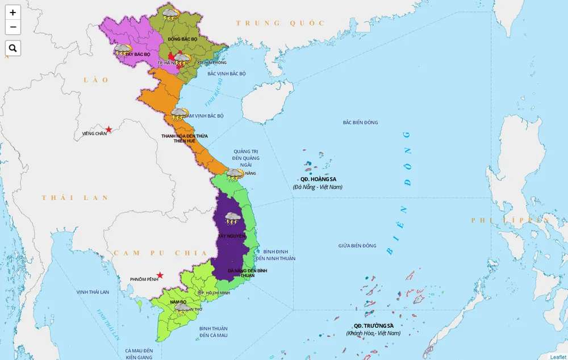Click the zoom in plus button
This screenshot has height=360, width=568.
pyautogui.click(x=12, y=12)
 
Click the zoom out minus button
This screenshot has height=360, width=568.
pyautogui.click(x=12, y=27)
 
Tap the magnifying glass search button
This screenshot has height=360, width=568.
pyautogui.click(x=12, y=48)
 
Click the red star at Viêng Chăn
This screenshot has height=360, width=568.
pyautogui.click(x=108, y=129)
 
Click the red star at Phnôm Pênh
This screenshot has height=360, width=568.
pyautogui.click(x=160, y=275)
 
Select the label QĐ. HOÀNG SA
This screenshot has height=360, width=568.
pyautogui.click(x=318, y=179)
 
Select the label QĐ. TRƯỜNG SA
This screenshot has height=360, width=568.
pyautogui.click(x=373, y=325)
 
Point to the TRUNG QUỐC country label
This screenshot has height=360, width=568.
pyautogui.click(x=281, y=23)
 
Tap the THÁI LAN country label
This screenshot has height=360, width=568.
pyautogui.click(x=74, y=198)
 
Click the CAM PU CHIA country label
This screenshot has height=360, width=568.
pyautogui.click(x=160, y=253)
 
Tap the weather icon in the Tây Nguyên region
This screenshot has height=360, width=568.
pyautogui.click(x=232, y=218)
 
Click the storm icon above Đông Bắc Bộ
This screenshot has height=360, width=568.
pyautogui.click(x=170, y=13)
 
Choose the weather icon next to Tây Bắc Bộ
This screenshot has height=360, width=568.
pyautogui.click(x=122, y=50)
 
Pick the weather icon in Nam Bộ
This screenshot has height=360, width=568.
pyautogui.click(x=182, y=308)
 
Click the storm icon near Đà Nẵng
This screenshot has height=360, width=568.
pyautogui.click(x=235, y=174)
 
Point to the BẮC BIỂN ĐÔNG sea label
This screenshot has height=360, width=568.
pyautogui.click(x=360, y=123)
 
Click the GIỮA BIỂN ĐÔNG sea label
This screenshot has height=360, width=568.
pyautogui.click(x=357, y=246)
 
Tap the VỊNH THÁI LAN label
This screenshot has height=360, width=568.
pyautogui.click(x=93, y=292)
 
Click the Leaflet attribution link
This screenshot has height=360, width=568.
pyautogui.click(x=558, y=357)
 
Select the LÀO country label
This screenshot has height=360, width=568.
pyautogui.click(x=96, y=80)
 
